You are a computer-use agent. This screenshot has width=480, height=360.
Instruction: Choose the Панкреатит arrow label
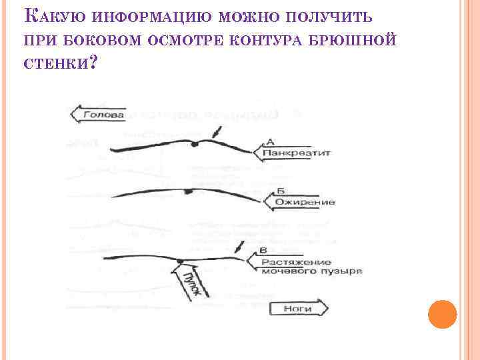click(294, 153)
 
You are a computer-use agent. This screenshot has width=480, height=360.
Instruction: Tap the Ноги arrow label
click(297, 309)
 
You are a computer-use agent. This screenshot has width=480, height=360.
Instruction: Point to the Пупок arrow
click(194, 283)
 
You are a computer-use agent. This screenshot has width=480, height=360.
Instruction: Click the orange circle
click(441, 313)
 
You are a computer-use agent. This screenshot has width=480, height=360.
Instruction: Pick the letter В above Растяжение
click(263, 250)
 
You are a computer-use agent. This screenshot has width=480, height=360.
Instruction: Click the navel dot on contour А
click(194, 144)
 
